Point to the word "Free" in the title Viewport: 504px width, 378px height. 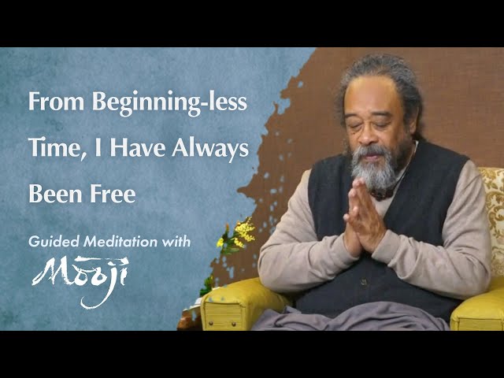point(114,194)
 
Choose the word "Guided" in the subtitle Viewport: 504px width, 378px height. point(53,243)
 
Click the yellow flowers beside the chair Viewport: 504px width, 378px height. point(242,233)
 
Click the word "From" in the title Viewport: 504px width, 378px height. point(52,102)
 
